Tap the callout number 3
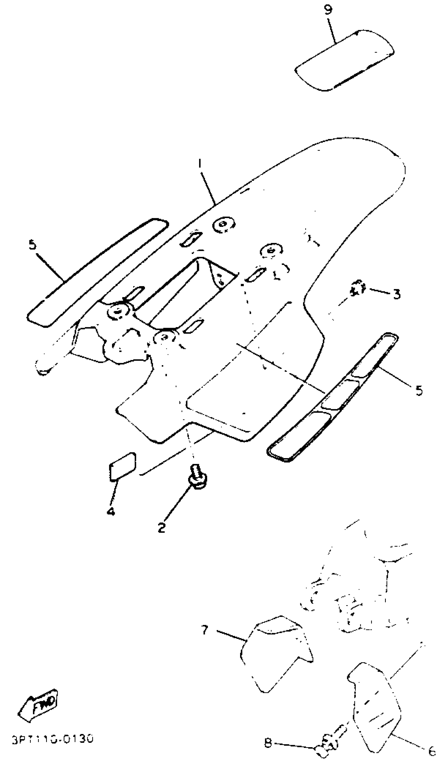(396, 294)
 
